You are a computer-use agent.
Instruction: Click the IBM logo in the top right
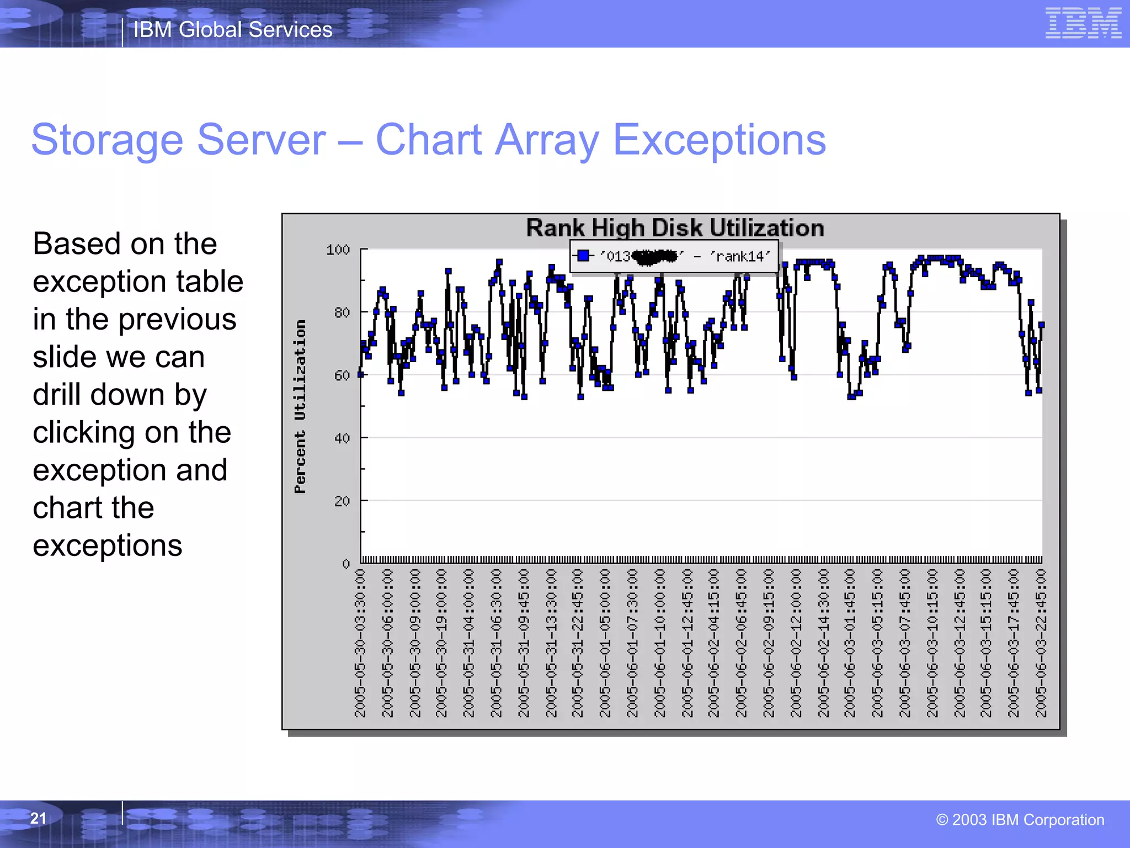click(1083, 23)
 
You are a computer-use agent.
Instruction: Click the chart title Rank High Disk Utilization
click(675, 228)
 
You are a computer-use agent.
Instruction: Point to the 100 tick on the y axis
click(338, 250)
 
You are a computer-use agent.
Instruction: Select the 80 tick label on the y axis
click(342, 313)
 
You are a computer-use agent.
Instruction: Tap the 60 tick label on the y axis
click(342, 376)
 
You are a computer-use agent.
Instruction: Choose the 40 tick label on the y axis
click(342, 438)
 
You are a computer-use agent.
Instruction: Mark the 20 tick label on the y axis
click(342, 501)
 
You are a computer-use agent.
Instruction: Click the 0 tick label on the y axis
click(346, 564)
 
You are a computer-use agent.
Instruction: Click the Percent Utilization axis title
click(300, 407)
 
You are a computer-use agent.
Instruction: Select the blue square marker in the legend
click(583, 256)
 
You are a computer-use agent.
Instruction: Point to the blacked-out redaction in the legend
click(654, 257)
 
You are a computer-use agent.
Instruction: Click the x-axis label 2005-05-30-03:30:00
click(360, 643)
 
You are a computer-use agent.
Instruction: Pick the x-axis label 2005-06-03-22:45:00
click(1041, 643)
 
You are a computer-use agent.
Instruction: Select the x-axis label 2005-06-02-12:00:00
click(796, 643)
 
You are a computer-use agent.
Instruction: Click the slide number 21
click(38, 818)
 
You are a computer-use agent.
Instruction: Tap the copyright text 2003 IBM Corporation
click(1020, 820)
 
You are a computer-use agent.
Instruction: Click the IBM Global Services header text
click(233, 30)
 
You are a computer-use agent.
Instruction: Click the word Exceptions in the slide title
click(719, 140)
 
